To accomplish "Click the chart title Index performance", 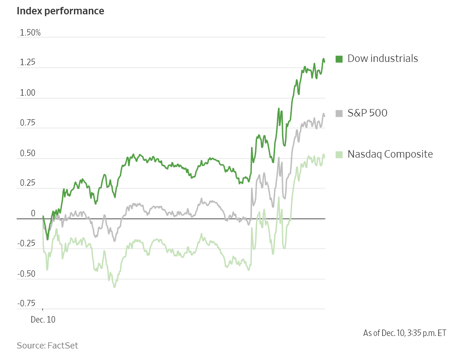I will (x=60, y=11).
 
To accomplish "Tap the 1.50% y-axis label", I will (x=30, y=33).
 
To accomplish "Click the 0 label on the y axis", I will (x=33, y=214).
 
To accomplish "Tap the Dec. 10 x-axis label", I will (x=43, y=319).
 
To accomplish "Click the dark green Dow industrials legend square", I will (x=339, y=59).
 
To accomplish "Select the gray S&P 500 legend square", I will (x=339, y=113).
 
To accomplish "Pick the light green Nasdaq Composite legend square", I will (x=339, y=154).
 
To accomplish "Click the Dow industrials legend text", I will (x=382, y=59).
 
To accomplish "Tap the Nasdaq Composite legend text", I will (x=390, y=154).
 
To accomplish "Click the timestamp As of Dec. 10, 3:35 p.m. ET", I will (x=405, y=333).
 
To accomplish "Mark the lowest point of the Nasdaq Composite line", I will (x=114, y=287).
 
